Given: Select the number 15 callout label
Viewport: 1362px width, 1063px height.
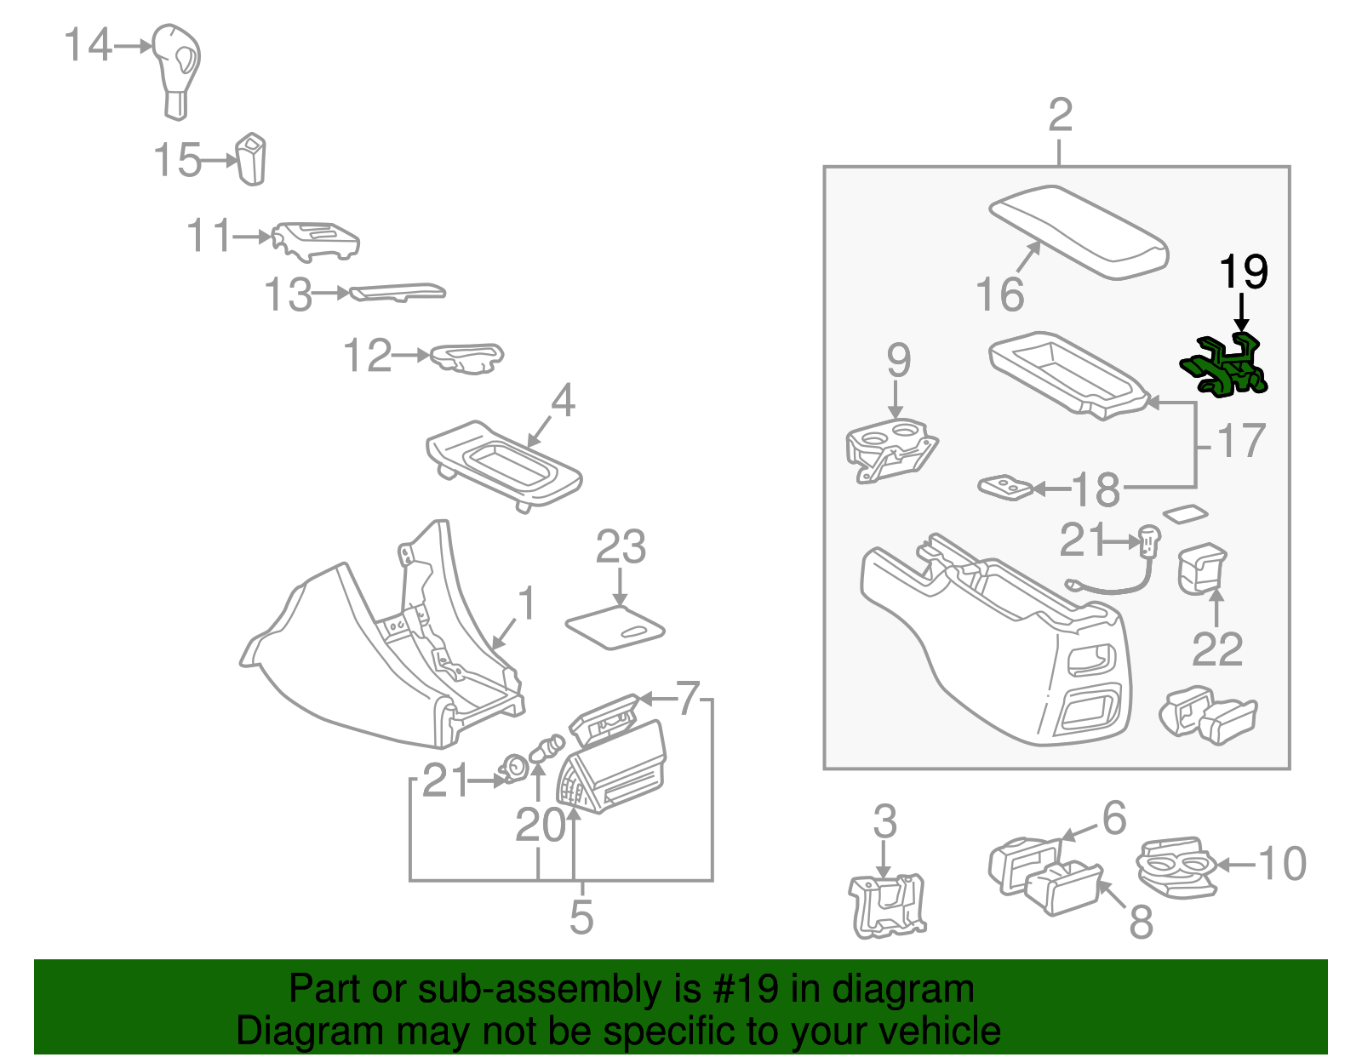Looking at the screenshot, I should click(x=177, y=160).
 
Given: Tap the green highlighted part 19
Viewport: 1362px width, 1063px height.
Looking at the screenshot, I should click(x=1225, y=367).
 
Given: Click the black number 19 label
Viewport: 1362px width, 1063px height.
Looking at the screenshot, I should click(x=1243, y=271).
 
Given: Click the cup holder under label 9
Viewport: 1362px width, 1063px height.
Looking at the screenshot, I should click(x=890, y=449).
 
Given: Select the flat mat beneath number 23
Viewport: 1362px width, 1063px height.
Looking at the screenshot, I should click(x=615, y=627).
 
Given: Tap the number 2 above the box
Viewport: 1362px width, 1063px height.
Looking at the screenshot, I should click(x=1060, y=115).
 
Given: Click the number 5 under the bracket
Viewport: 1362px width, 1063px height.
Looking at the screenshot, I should click(x=581, y=917).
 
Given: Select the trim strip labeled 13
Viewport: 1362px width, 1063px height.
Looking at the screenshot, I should click(x=398, y=292).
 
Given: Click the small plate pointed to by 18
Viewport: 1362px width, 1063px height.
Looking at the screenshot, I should click(x=1005, y=488).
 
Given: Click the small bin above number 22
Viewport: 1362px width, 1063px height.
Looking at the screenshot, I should click(x=1201, y=568).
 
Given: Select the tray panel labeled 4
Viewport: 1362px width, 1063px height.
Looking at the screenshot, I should click(x=504, y=464).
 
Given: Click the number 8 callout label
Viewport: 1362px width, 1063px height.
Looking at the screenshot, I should click(x=1141, y=921).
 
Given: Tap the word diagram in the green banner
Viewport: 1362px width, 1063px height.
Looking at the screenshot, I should click(x=902, y=989).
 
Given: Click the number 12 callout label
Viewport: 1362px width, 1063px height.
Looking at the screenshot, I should click(x=367, y=356).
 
